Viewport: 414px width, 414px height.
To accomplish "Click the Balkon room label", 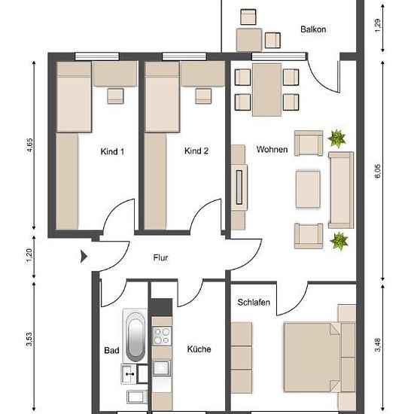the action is (313, 29).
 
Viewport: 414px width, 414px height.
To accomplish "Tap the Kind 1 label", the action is (112, 151).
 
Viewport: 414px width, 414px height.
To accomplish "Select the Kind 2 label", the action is (196, 151).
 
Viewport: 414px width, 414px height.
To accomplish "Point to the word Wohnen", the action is (272, 150).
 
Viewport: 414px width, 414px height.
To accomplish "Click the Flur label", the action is (160, 257).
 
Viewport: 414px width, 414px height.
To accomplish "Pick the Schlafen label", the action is (254, 302).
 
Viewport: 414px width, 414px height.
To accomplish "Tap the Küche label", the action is (199, 349).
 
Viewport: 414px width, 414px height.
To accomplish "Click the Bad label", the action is (111, 350).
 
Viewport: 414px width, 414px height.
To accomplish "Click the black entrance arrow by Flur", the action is (84, 257).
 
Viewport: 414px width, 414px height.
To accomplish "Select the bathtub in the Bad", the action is (135, 335).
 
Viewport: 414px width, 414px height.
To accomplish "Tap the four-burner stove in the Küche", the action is (162, 336).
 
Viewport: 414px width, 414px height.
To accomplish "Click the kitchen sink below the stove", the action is (162, 368).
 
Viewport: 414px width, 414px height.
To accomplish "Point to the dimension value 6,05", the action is (378, 171).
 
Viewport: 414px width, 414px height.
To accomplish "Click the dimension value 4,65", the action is (29, 145).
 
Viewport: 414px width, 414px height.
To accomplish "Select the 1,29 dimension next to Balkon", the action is (378, 26).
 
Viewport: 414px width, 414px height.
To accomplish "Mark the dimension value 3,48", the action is (378, 345).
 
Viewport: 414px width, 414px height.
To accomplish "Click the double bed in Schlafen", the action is (312, 358).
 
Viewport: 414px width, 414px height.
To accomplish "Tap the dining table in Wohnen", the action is (266, 90).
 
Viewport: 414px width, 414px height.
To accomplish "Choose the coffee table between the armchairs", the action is (308, 190).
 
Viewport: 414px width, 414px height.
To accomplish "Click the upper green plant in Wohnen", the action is (337, 138).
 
